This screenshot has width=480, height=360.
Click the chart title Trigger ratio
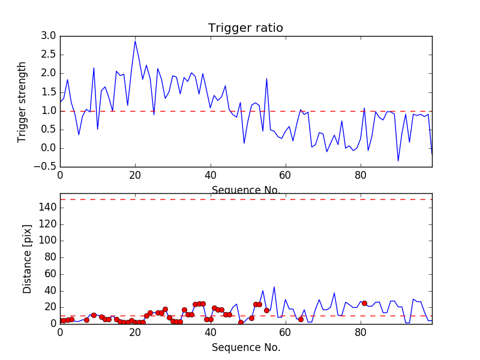pyautogui.click(x=245, y=28)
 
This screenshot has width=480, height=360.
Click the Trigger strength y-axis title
pyautogui.click(x=22, y=101)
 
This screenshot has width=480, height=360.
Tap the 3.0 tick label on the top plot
pyautogui.click(x=49, y=36)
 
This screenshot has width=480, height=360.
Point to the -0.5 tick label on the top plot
pyautogui.click(x=46, y=167)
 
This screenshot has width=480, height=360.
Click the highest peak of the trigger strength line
pyautogui.click(x=135, y=41)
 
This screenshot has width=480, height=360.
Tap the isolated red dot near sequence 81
pyautogui.click(x=364, y=303)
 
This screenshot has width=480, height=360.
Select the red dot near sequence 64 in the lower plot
pyautogui.click(x=301, y=319)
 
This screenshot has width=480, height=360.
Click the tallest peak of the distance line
pyautogui.click(x=274, y=287)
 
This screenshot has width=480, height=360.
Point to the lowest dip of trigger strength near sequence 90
pyautogui.click(x=398, y=161)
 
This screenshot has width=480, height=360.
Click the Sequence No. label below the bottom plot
pyautogui.click(x=246, y=347)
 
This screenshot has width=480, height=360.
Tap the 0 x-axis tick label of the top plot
pyautogui.click(x=60, y=176)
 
